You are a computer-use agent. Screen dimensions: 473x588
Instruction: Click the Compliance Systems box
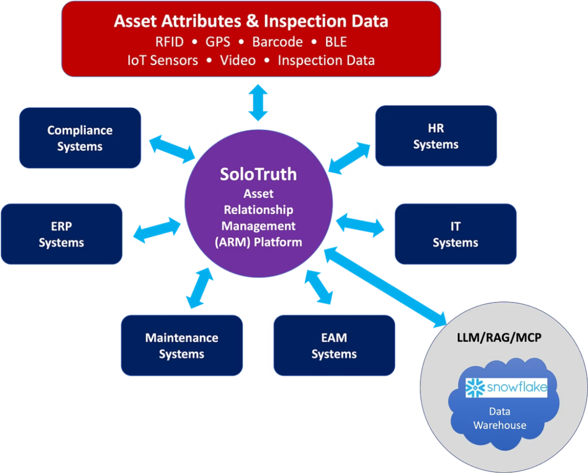(80, 138)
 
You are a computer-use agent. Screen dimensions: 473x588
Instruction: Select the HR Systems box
(436, 136)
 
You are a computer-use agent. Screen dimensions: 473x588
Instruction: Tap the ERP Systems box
(62, 234)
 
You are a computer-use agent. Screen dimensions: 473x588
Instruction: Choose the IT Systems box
(455, 234)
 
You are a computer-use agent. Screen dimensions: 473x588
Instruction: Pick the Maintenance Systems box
(182, 346)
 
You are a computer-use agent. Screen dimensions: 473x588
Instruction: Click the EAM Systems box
(334, 346)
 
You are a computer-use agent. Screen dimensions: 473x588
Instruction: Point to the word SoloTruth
(258, 174)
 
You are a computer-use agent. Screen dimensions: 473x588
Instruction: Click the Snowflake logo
(506, 388)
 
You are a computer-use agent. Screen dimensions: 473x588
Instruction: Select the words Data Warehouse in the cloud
(500, 418)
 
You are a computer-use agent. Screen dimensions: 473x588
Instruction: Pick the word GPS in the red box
(218, 42)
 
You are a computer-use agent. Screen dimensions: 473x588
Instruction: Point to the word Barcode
(277, 42)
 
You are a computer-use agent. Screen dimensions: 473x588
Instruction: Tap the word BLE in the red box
(336, 42)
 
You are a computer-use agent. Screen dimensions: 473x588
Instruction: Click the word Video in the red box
(238, 61)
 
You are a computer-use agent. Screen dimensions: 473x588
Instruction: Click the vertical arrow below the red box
(258, 103)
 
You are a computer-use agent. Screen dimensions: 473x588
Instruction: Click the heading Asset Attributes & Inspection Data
(251, 21)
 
